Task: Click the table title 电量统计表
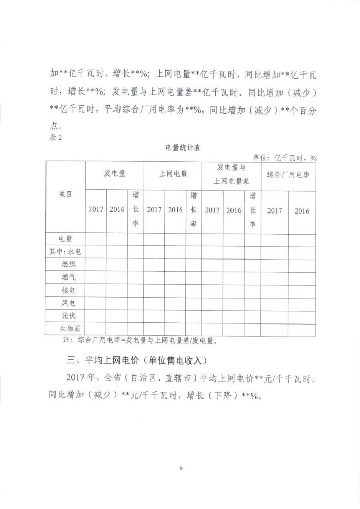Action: (183, 148)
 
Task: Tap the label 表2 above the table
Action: (56, 137)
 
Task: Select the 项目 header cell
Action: (65, 194)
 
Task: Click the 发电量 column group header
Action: (114, 174)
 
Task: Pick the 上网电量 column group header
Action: (173, 174)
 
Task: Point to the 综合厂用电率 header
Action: (288, 175)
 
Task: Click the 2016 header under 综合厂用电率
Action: (302, 211)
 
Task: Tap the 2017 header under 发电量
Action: (96, 209)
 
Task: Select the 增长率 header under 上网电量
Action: (193, 210)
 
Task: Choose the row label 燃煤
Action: (68, 264)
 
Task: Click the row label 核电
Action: (68, 290)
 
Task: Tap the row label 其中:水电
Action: (65, 252)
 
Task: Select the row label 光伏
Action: (68, 315)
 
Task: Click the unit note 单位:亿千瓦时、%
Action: (284, 158)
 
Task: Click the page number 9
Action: (181, 468)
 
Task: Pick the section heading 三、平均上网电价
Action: (137, 360)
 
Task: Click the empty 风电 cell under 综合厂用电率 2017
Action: (274, 303)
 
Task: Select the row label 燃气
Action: (68, 277)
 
